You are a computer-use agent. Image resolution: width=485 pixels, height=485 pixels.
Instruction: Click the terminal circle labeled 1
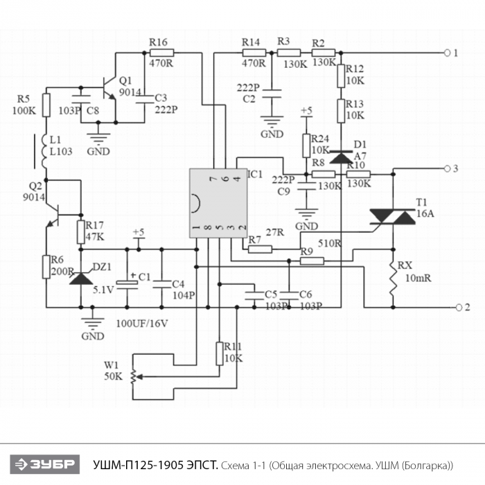[x=447, y=53]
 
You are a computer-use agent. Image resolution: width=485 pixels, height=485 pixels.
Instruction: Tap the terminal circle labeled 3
[x=447, y=168]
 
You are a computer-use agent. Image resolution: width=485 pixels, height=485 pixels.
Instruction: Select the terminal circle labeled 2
[x=459, y=308]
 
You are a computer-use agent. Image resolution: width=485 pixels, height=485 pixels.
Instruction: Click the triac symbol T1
[x=393, y=216]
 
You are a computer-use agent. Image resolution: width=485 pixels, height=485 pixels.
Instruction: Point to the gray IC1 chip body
[x=218, y=203]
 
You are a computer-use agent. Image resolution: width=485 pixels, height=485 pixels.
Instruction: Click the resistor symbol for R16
[x=161, y=53]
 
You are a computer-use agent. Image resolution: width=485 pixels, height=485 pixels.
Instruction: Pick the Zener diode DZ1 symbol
[x=81, y=279]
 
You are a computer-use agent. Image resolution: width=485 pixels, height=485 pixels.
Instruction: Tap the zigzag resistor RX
[x=393, y=279]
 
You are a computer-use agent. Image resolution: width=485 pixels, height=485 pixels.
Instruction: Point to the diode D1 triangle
[x=341, y=157]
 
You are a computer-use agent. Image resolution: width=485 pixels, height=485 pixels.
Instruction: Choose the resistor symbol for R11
[x=220, y=353]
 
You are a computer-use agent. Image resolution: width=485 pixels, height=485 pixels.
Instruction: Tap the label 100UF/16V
[x=142, y=324]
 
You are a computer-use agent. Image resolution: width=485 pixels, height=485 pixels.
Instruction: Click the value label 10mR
[x=418, y=278]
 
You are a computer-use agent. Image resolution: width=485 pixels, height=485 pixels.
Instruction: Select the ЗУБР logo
[x=45, y=464]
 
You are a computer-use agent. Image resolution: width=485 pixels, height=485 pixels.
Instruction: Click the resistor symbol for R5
[x=46, y=105]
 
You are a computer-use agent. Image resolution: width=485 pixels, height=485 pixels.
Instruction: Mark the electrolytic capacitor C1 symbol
[x=127, y=283]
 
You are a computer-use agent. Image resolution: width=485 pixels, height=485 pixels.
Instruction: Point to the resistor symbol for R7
[x=260, y=249]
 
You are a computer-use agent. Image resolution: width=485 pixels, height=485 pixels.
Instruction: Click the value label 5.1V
[x=103, y=290]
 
